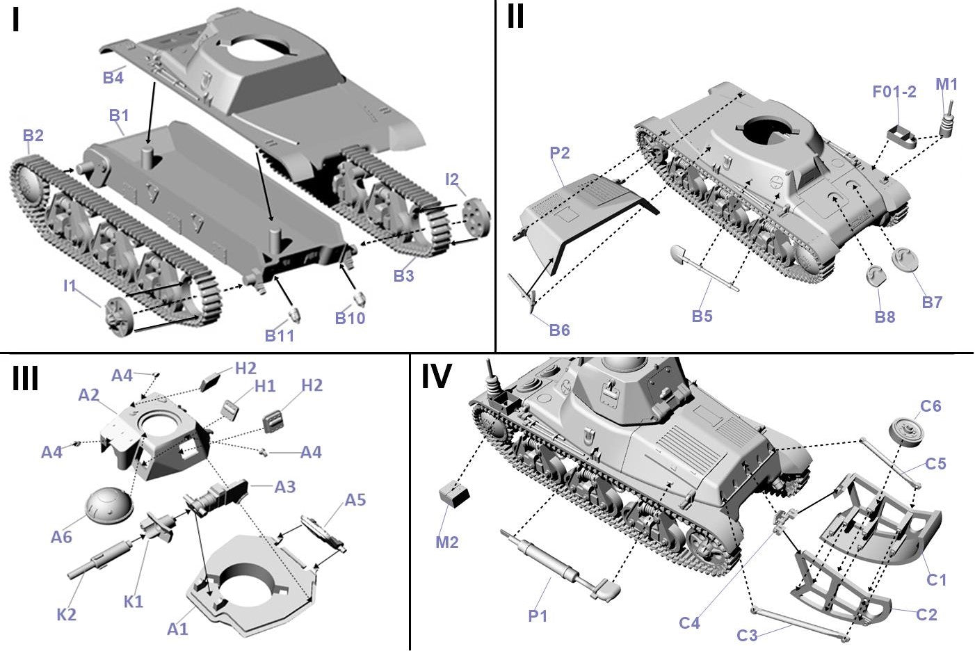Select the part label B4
point(113,77)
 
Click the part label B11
point(280,335)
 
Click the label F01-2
point(894,91)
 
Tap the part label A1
point(178,629)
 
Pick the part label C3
point(748,635)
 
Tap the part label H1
point(265,386)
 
